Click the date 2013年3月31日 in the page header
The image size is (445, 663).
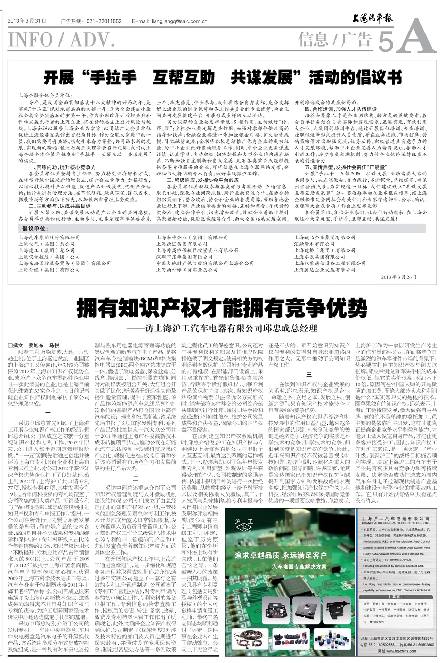[x=27, y=21]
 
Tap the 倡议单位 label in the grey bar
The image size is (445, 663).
[x=35, y=228]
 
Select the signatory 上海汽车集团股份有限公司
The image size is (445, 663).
[x=49, y=237]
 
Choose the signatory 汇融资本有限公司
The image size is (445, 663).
[x=314, y=244]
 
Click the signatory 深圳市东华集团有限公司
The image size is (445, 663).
[x=184, y=257]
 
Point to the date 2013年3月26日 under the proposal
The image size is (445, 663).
[x=399, y=277]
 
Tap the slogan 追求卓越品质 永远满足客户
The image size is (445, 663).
[x=280, y=555]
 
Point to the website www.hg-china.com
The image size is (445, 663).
[x=397, y=651]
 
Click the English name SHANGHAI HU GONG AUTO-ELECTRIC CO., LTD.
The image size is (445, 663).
[x=395, y=523]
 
